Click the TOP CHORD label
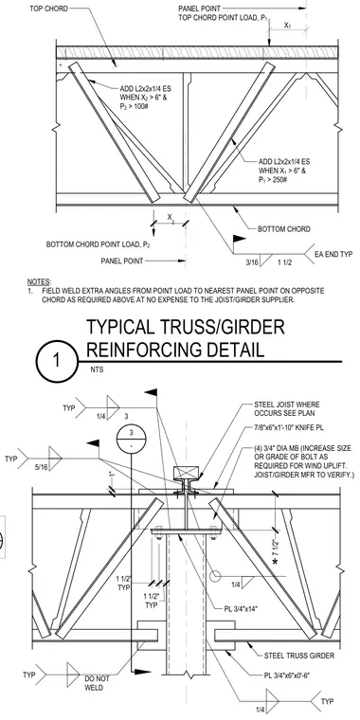(48, 9)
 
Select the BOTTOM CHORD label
(284, 228)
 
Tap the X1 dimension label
(287, 26)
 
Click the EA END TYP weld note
(333, 254)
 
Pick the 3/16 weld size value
(252, 263)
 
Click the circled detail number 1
(56, 361)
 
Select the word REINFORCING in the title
(174, 350)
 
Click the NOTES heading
(39, 281)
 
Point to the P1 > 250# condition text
(273, 179)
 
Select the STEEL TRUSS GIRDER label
(299, 656)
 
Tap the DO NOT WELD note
(95, 683)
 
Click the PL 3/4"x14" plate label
(241, 609)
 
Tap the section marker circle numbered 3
(131, 438)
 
